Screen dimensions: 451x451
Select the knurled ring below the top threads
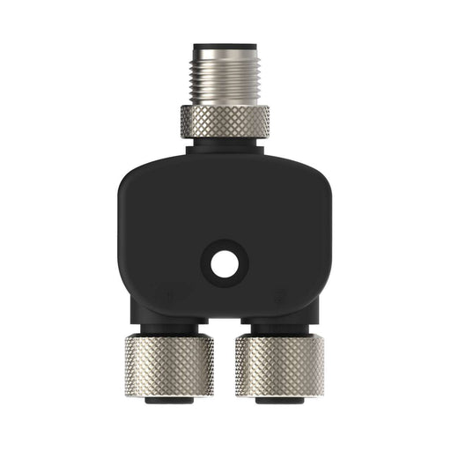point(225,121)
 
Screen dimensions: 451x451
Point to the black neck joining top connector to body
point(225,146)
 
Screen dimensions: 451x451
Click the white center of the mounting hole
point(225,262)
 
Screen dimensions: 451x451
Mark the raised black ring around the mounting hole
point(209,262)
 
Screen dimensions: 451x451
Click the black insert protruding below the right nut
point(280,400)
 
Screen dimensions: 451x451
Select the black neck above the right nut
point(280,328)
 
